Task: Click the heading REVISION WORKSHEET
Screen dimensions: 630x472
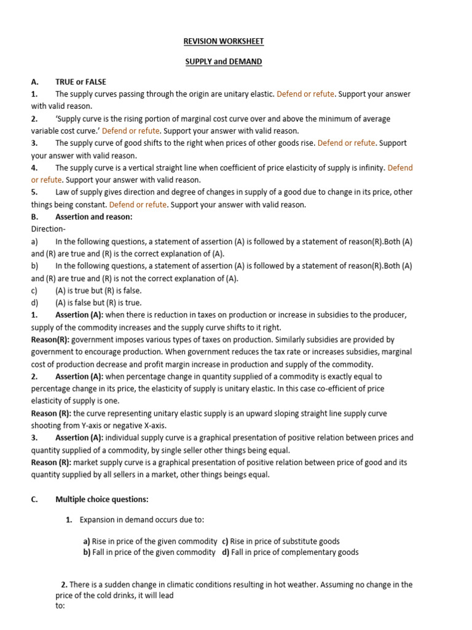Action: [x=223, y=41]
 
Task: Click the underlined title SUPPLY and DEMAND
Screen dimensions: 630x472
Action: [x=223, y=62]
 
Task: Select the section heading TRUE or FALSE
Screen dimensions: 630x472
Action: [x=81, y=82]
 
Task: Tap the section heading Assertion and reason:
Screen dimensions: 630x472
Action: [x=93, y=217]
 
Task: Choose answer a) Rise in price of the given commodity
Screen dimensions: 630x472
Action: [x=150, y=541]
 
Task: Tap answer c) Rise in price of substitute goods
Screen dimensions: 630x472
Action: [x=281, y=541]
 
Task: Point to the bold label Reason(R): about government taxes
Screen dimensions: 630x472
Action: [x=51, y=340]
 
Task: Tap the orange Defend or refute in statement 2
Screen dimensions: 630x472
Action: [x=131, y=131]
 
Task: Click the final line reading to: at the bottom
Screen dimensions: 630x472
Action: [x=60, y=606]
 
